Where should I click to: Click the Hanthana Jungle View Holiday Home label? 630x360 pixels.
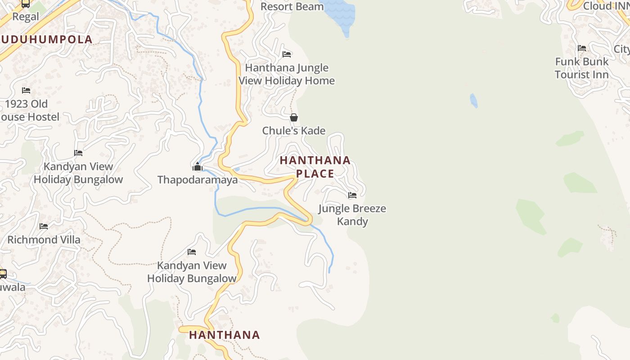287,74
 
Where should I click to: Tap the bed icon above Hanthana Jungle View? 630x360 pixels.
287,54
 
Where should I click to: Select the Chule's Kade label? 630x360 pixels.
294,130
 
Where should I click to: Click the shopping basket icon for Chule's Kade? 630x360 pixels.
294,117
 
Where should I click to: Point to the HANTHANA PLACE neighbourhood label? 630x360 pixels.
315,166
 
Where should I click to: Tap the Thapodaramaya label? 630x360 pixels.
198,180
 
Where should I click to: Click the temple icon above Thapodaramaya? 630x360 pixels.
197,167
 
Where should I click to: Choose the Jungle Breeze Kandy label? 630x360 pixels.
352,215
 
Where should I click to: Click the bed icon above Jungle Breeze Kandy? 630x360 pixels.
352,195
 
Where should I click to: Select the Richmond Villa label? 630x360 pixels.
44,239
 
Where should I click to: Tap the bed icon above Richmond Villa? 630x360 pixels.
44,226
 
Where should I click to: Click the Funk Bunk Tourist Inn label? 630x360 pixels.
581,68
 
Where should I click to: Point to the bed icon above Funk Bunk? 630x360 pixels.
582,48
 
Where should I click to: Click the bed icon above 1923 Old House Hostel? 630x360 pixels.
26,90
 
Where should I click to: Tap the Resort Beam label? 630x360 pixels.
292,7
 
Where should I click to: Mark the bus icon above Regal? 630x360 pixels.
26,4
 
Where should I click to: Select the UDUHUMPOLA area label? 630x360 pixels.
47,39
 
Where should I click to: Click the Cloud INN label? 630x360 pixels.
605,6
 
